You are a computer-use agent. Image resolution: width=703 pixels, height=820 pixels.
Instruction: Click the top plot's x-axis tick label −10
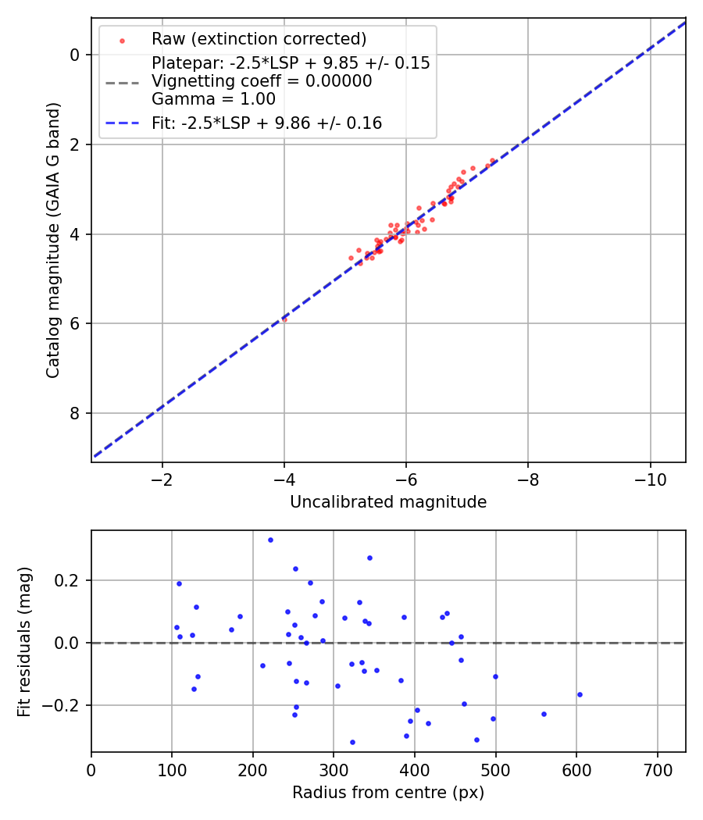(x=650, y=480)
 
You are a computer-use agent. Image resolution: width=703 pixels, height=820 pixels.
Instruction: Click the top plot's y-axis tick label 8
(x=74, y=413)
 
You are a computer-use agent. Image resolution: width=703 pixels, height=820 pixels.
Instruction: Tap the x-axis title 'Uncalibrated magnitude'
(x=388, y=502)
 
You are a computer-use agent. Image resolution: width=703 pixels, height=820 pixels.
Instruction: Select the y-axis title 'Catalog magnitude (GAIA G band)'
(x=52, y=240)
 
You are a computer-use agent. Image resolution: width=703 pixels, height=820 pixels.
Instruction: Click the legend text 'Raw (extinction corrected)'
(x=259, y=39)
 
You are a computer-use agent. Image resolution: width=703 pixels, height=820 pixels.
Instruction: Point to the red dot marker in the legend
(x=123, y=41)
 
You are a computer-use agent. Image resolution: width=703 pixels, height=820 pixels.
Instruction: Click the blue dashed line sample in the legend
(x=123, y=123)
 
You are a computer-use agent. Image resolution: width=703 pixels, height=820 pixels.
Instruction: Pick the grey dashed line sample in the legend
(x=123, y=83)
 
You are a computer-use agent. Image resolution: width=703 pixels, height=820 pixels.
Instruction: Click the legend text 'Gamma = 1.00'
(x=213, y=99)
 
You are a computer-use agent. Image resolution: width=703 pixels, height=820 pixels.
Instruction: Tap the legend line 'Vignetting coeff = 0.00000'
(x=262, y=81)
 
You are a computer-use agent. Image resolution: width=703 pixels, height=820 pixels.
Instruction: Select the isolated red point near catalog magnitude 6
(x=284, y=319)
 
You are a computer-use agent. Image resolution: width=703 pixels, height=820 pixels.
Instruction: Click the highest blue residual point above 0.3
(x=270, y=540)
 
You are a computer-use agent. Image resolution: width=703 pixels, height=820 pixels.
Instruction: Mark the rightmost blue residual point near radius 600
(x=580, y=694)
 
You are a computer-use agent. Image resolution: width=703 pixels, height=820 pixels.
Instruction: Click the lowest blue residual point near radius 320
(x=352, y=742)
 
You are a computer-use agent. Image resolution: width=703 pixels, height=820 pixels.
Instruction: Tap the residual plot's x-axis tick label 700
(x=658, y=770)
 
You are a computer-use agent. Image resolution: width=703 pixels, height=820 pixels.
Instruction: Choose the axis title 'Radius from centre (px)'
(x=388, y=793)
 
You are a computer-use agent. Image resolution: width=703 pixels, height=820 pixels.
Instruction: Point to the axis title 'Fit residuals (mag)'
(x=24, y=642)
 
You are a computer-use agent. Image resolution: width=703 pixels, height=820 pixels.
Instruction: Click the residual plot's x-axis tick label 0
(x=91, y=770)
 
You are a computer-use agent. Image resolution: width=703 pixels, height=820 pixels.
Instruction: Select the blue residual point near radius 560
(x=544, y=714)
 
